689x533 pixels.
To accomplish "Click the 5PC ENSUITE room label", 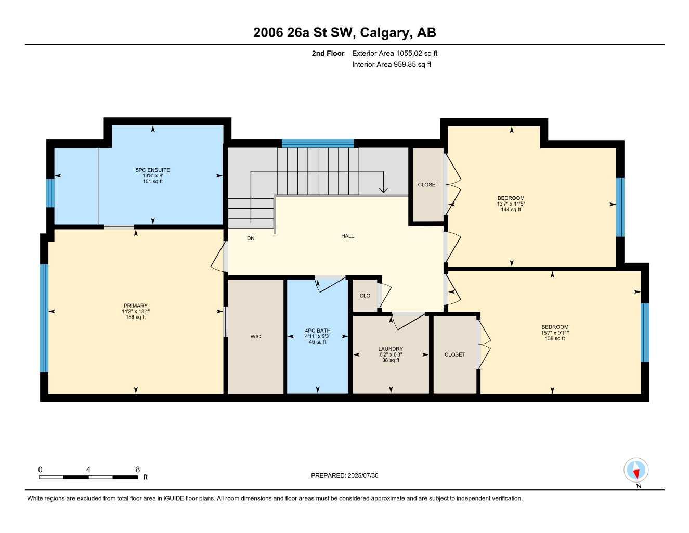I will (x=152, y=170).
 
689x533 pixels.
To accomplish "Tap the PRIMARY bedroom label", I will (x=136, y=306).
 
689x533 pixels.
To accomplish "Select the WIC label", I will (x=255, y=337).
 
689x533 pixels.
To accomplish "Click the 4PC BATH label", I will (x=318, y=331).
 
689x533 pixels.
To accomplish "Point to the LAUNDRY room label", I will (x=391, y=349).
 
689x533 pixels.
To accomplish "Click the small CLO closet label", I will (x=365, y=296).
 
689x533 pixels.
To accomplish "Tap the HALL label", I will (x=347, y=236).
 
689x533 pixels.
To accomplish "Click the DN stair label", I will (x=251, y=238).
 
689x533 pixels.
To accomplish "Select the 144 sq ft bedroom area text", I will (x=511, y=210).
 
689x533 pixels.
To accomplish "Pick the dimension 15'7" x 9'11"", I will (x=555, y=333).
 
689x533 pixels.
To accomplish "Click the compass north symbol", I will (x=635, y=471).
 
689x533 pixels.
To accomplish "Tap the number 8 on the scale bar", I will (x=138, y=469).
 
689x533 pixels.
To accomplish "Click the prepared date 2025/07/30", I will (x=363, y=475).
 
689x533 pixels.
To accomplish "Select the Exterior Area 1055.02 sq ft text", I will (x=395, y=53).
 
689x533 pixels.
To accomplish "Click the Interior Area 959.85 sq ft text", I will (x=392, y=65).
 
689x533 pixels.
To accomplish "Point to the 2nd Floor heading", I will (x=328, y=53).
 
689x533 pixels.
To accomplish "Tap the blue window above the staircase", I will (x=318, y=144).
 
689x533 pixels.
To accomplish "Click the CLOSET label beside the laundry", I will (x=454, y=354).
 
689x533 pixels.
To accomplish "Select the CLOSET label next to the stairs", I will (x=428, y=185).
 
